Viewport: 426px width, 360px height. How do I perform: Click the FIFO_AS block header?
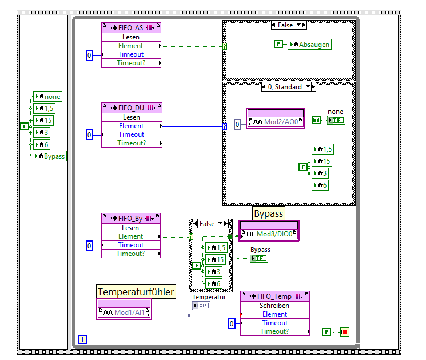tap(131, 28)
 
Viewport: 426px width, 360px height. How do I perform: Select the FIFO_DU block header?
tap(131, 108)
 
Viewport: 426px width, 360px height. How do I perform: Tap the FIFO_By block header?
tap(131, 219)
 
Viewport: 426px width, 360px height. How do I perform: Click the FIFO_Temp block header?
tap(274, 296)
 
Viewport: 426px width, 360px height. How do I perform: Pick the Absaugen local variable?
tap(309, 44)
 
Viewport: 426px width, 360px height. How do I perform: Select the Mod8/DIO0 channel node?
tap(269, 234)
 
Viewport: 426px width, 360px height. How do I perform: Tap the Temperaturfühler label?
tap(136, 292)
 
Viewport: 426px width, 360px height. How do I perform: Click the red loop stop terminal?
tap(344, 331)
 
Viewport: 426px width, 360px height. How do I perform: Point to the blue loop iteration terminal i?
tap(82, 339)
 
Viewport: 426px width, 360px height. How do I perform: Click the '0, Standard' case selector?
tap(289, 87)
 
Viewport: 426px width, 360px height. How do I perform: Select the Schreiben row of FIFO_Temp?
tap(274, 306)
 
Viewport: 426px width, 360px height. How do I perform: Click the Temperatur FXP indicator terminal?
tap(201, 306)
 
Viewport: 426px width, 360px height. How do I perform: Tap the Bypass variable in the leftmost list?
tap(50, 156)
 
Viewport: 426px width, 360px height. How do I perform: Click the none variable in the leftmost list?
tap(48, 97)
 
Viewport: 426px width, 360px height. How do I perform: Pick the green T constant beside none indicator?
tap(316, 120)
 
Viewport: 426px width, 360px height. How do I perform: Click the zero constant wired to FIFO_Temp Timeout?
tap(232, 323)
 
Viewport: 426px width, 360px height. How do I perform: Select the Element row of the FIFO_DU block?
tap(131, 126)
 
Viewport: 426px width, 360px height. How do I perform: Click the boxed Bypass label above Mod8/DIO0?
tap(268, 213)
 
